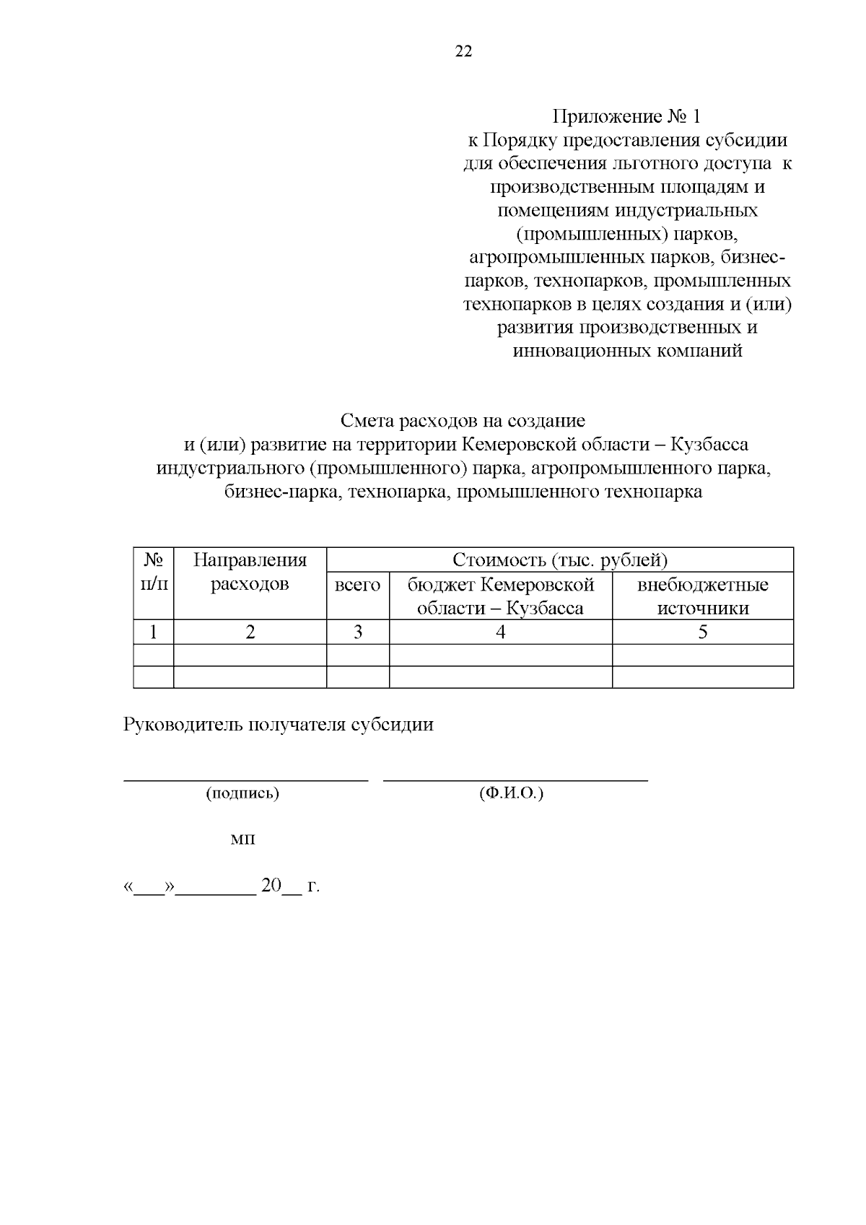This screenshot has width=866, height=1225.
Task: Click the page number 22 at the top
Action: click(463, 51)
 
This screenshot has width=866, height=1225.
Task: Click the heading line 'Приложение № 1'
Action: click(626, 116)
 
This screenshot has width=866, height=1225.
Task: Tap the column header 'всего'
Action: click(357, 584)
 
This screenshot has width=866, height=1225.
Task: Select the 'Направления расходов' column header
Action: click(250, 572)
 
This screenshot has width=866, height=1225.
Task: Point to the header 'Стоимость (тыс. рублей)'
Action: click(559, 560)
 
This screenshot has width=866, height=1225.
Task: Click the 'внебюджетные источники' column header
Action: click(702, 596)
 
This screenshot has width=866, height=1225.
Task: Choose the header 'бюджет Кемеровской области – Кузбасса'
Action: click(500, 596)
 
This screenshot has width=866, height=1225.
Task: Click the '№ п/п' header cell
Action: click(153, 572)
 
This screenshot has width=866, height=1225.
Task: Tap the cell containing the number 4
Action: click(500, 632)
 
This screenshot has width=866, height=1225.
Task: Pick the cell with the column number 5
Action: click(702, 632)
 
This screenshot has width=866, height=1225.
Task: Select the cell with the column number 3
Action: click(357, 632)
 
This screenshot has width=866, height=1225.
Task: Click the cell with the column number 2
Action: click(250, 632)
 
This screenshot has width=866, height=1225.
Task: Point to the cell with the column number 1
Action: click(153, 632)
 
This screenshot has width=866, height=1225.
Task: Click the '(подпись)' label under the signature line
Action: click(242, 793)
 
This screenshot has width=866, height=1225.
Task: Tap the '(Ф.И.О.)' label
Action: click(511, 793)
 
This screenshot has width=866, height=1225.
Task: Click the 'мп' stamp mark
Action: click(242, 840)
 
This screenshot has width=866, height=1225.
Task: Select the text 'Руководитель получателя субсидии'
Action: click(279, 725)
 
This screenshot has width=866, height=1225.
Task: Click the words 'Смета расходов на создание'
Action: click(463, 420)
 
